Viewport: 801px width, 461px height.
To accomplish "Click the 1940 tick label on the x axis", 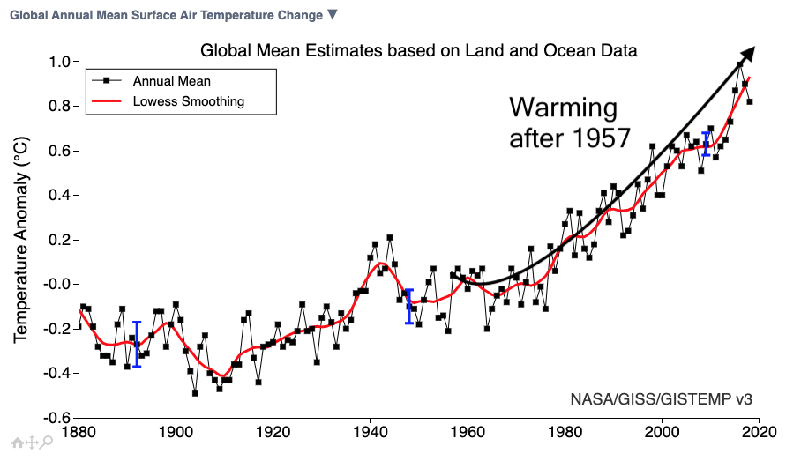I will tap(371, 433).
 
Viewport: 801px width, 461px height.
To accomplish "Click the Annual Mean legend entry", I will tap(171, 80).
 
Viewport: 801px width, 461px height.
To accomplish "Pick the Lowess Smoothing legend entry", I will tap(188, 101).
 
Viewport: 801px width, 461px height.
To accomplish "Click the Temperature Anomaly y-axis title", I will tap(23, 240).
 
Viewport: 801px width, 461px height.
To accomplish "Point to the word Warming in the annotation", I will tap(564, 108).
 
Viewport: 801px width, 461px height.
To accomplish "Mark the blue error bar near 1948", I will tap(408, 306).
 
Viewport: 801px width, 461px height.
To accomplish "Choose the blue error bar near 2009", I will tap(705, 144).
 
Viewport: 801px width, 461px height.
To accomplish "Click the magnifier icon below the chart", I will tap(47, 442).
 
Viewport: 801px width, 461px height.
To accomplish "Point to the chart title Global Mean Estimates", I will tap(419, 50).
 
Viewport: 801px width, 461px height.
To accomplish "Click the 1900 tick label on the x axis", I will tap(176, 433).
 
